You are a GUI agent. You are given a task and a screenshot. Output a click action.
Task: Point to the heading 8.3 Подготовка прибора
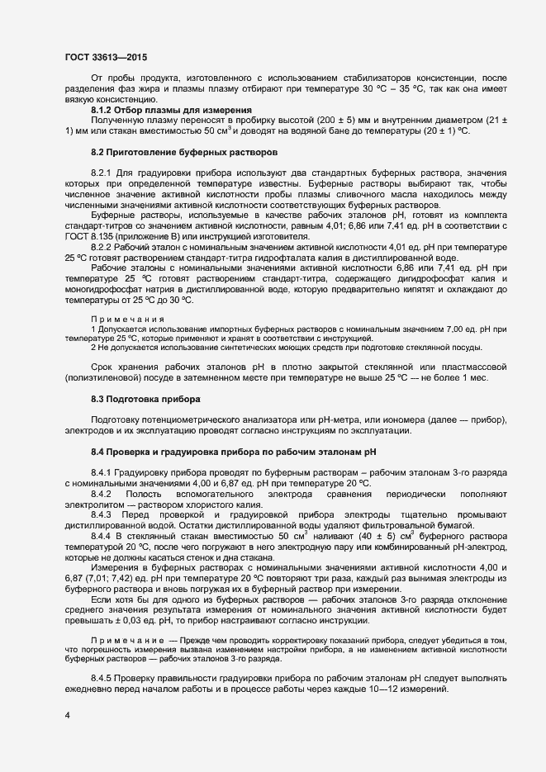(145, 400)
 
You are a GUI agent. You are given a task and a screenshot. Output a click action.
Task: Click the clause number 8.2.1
(101, 172)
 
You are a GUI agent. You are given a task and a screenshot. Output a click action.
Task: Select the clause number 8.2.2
(101, 247)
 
